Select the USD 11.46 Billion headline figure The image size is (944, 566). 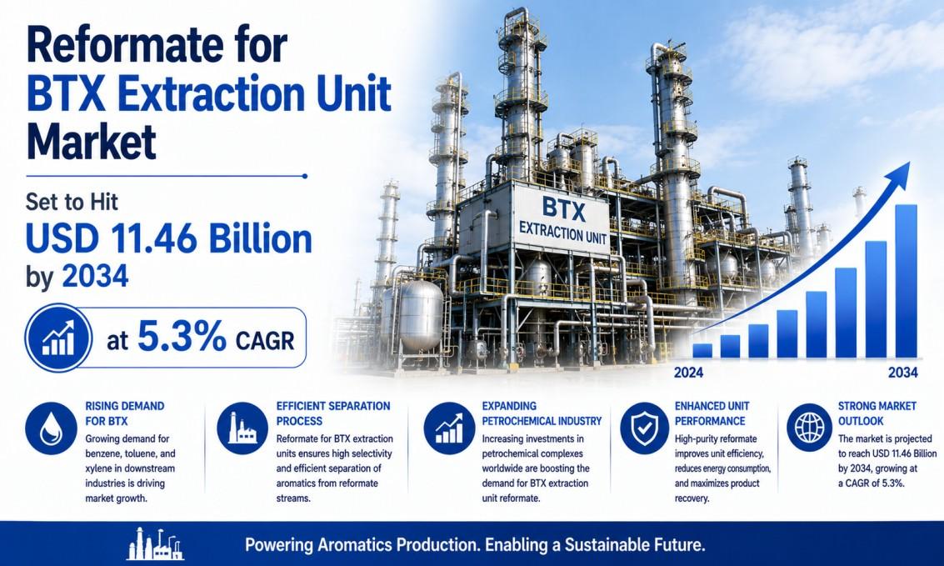coord(169,239)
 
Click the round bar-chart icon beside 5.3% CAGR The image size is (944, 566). coord(58,338)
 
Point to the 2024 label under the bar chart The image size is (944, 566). coord(688,373)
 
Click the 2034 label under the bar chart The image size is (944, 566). coord(903,373)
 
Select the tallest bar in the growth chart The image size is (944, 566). coord(906,281)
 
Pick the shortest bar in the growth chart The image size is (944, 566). coord(702,350)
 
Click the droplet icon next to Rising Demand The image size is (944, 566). coord(51,428)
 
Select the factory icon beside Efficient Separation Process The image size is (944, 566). coord(242,428)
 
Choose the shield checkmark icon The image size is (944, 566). coord(644,428)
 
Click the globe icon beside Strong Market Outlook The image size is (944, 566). coord(809,428)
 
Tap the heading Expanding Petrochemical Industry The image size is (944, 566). coord(542,413)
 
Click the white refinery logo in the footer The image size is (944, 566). coord(155,544)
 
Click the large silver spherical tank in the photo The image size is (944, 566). coord(421,315)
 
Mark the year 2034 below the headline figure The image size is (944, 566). coord(95,277)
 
